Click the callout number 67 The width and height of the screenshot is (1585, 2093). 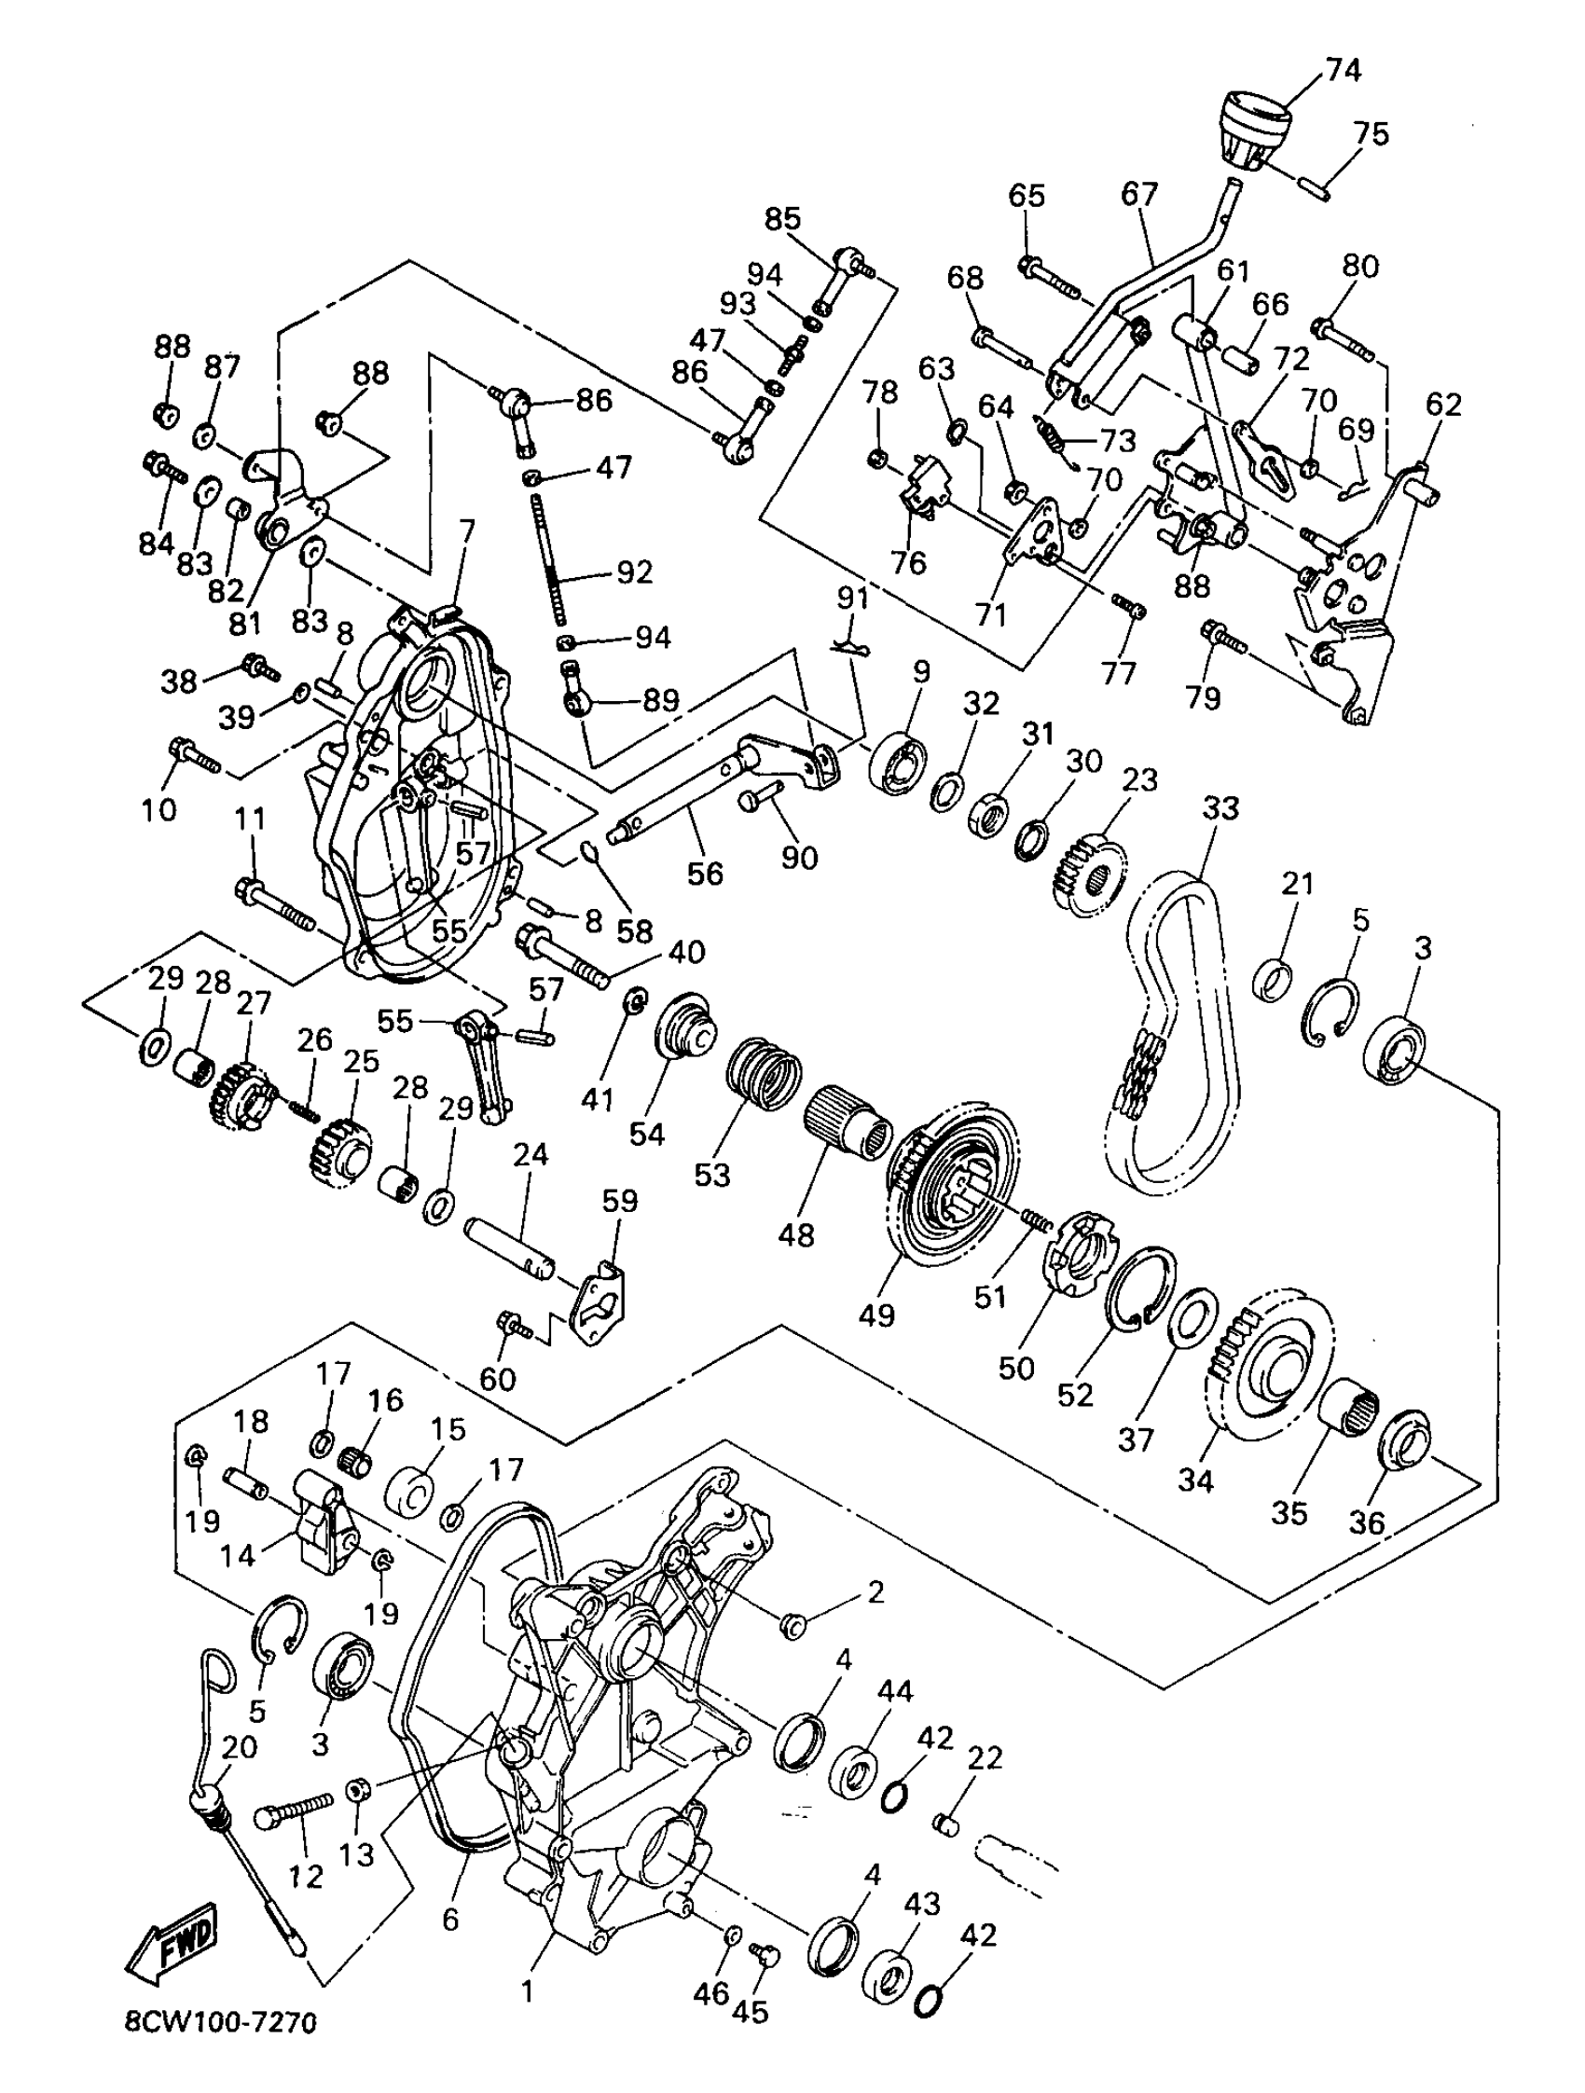click(x=1139, y=195)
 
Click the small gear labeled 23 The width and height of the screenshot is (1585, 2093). click(x=1089, y=869)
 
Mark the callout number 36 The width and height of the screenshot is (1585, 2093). click(x=1367, y=1522)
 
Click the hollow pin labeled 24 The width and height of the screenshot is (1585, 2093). click(x=510, y=1249)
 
